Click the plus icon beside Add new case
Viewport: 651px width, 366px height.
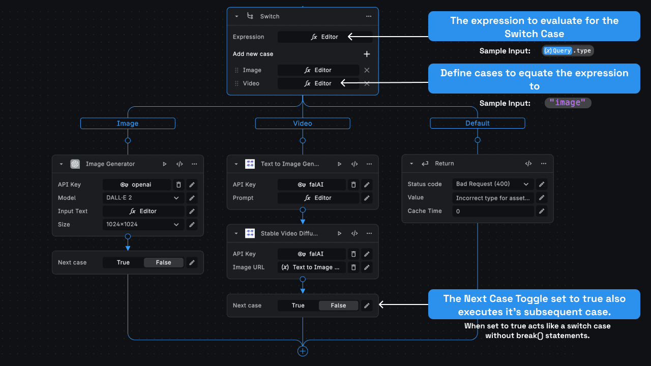[367, 54]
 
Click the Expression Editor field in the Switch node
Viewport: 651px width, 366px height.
[324, 37]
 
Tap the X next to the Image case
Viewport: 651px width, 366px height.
[367, 70]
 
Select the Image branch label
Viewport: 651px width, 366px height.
[128, 124]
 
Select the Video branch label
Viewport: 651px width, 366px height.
[303, 124]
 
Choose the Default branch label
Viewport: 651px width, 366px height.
[478, 124]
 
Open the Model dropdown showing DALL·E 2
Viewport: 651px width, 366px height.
[143, 198]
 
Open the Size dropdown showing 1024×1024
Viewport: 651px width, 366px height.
[143, 224]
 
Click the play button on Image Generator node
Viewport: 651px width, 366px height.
[165, 164]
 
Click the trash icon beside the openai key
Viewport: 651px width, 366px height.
[179, 185]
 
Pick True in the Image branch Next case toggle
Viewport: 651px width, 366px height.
[123, 262]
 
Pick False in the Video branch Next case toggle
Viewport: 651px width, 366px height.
[338, 306]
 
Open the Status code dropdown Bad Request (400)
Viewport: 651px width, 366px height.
[493, 184]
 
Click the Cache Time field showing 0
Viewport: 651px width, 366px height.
[493, 211]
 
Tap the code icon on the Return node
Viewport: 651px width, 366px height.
[528, 164]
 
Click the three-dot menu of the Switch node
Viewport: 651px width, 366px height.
[369, 16]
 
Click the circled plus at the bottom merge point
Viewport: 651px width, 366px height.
[303, 351]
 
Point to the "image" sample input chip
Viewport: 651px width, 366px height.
[568, 103]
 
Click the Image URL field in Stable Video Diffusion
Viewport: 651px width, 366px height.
[312, 267]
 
